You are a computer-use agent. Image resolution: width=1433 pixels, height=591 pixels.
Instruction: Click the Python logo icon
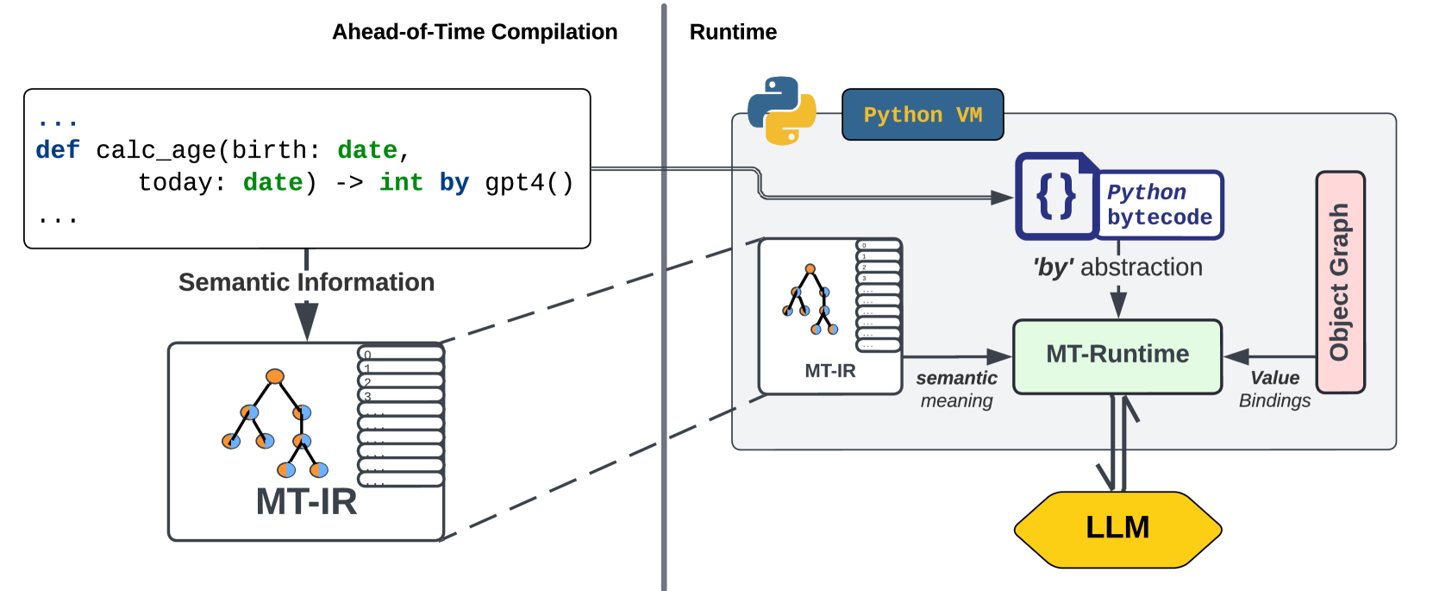(x=781, y=111)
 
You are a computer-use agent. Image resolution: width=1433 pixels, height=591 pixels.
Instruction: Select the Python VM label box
(x=923, y=115)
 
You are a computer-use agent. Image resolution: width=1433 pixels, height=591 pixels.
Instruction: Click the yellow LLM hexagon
(x=1117, y=528)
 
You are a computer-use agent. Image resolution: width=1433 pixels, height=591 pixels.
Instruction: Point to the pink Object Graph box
(x=1340, y=282)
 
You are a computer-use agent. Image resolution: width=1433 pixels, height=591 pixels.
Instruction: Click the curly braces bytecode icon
(x=1056, y=197)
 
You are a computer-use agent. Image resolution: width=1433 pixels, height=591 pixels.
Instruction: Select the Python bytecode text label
(x=1159, y=204)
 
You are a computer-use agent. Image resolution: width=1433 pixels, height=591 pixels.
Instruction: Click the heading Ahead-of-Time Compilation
(x=474, y=32)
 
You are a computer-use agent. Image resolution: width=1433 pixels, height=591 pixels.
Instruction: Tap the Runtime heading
(x=733, y=32)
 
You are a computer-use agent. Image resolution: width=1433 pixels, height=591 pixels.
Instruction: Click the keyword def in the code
(x=58, y=150)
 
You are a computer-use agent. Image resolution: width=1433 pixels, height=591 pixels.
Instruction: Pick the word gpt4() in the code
(x=529, y=183)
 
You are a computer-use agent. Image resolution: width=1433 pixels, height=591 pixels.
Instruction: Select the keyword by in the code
(x=454, y=183)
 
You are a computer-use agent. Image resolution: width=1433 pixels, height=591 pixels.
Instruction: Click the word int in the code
(x=401, y=183)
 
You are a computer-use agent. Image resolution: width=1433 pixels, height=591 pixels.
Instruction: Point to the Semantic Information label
(x=306, y=282)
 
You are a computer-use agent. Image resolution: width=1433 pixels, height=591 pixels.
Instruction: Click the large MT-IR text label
(x=306, y=501)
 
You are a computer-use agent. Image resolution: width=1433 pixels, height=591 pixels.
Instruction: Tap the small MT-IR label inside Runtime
(x=829, y=371)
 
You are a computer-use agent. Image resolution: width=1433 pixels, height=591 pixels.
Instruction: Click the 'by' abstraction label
(x=1117, y=267)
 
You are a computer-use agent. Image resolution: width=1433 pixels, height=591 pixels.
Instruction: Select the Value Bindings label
(x=1274, y=389)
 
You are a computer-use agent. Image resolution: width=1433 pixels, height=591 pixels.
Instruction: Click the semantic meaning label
(x=956, y=389)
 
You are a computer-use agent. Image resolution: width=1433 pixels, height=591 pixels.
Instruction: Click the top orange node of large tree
(x=275, y=376)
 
